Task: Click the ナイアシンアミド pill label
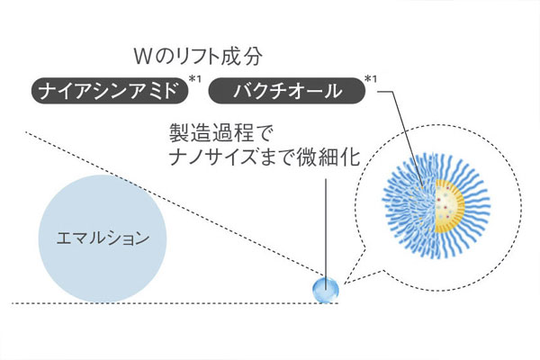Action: point(110,91)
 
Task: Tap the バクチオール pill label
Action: point(287,91)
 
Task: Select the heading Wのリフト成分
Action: point(198,57)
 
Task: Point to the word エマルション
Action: point(103,238)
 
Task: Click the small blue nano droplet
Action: point(325,290)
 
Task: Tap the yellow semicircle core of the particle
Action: point(450,206)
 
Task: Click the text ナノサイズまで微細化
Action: point(265,157)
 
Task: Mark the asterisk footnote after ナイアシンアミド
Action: point(195,79)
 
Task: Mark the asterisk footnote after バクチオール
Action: point(371,79)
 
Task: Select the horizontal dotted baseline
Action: point(175,303)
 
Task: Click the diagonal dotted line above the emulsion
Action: point(175,203)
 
